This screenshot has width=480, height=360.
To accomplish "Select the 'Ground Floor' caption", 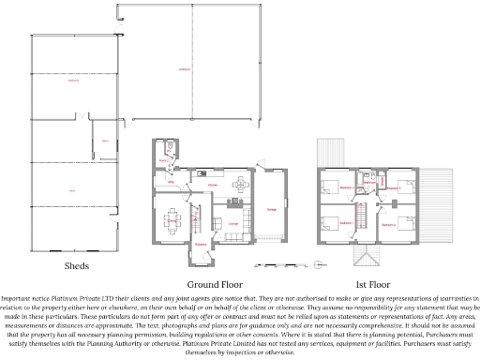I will tap(217, 283).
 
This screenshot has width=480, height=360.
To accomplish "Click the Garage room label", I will tap(272, 210).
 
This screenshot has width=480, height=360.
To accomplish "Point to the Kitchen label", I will tap(214, 186).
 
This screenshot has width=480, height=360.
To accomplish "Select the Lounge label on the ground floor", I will tap(232, 223).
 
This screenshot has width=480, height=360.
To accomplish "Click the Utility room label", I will tap(172, 181).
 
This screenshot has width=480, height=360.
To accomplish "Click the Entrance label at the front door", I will tap(201, 244).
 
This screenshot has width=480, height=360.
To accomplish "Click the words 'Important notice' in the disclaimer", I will tap(24, 297).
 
